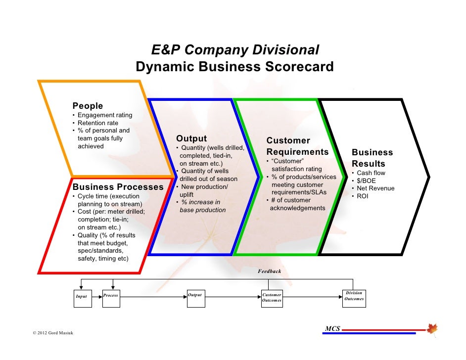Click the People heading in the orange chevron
88,106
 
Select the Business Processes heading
118,187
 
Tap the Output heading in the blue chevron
191,138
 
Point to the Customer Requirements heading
297,146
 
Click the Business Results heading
372,158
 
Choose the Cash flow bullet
371,173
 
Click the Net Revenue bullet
375,188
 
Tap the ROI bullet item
363,196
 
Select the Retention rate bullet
98,123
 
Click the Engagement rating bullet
105,115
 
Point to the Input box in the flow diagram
82,297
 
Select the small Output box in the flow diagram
195,297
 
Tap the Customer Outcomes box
272,298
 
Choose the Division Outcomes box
354,297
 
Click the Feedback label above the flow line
269,271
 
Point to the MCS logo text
332,329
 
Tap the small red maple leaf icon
432,328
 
